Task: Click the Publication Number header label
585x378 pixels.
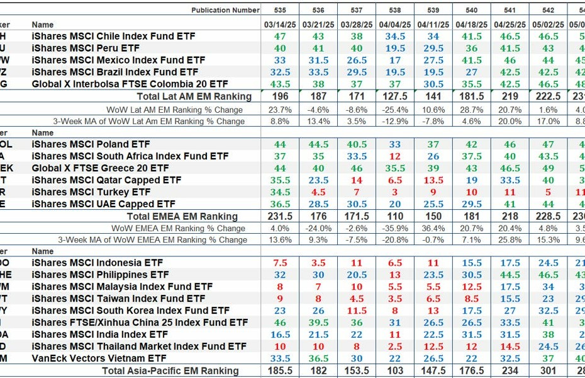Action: coord(225,10)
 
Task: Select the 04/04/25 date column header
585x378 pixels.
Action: coord(395,24)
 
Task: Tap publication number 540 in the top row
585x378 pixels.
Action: coord(471,10)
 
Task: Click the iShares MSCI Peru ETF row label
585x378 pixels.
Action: coord(86,48)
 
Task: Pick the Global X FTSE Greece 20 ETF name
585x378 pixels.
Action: coord(100,168)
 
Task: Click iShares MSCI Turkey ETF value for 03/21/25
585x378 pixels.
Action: coord(318,192)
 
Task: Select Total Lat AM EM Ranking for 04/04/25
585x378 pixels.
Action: coord(395,96)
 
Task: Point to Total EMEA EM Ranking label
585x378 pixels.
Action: coord(182,216)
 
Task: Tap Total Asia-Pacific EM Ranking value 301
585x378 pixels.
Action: coord(548,371)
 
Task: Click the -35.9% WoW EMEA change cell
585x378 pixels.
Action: coord(395,228)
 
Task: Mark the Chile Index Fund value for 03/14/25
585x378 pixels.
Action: coord(280,37)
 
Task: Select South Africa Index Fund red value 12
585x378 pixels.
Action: coord(395,156)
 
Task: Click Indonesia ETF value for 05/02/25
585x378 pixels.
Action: coord(548,263)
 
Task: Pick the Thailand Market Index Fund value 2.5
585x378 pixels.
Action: coord(395,346)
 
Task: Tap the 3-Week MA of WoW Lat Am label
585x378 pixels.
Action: coord(148,121)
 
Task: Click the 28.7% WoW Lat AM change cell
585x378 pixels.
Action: coord(471,109)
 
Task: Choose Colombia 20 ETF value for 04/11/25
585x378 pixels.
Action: coord(433,84)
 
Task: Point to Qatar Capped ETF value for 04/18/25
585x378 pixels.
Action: coord(471,180)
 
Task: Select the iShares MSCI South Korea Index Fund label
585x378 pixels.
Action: coord(130,311)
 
